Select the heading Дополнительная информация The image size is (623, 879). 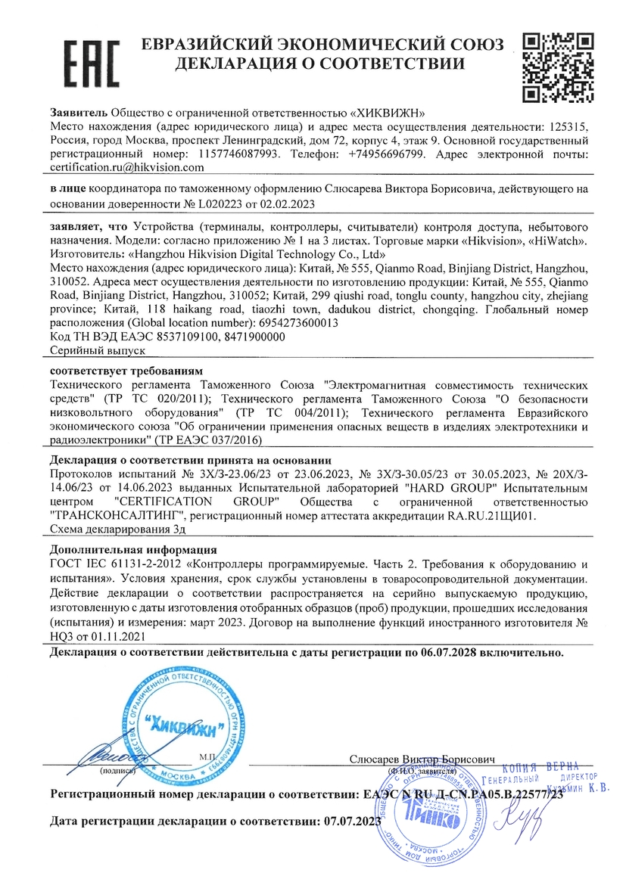133,549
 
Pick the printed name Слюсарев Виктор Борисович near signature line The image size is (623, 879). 422,758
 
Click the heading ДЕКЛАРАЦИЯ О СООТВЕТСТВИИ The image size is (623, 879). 320,64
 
